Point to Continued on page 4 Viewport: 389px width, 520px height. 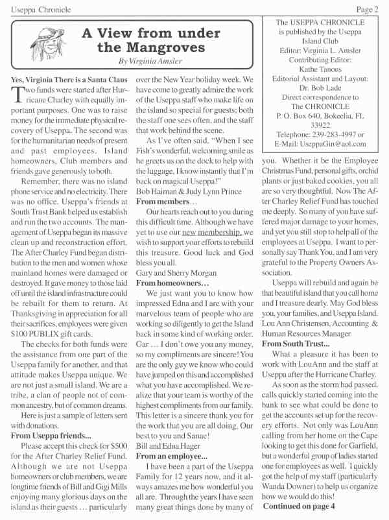[301, 504]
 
